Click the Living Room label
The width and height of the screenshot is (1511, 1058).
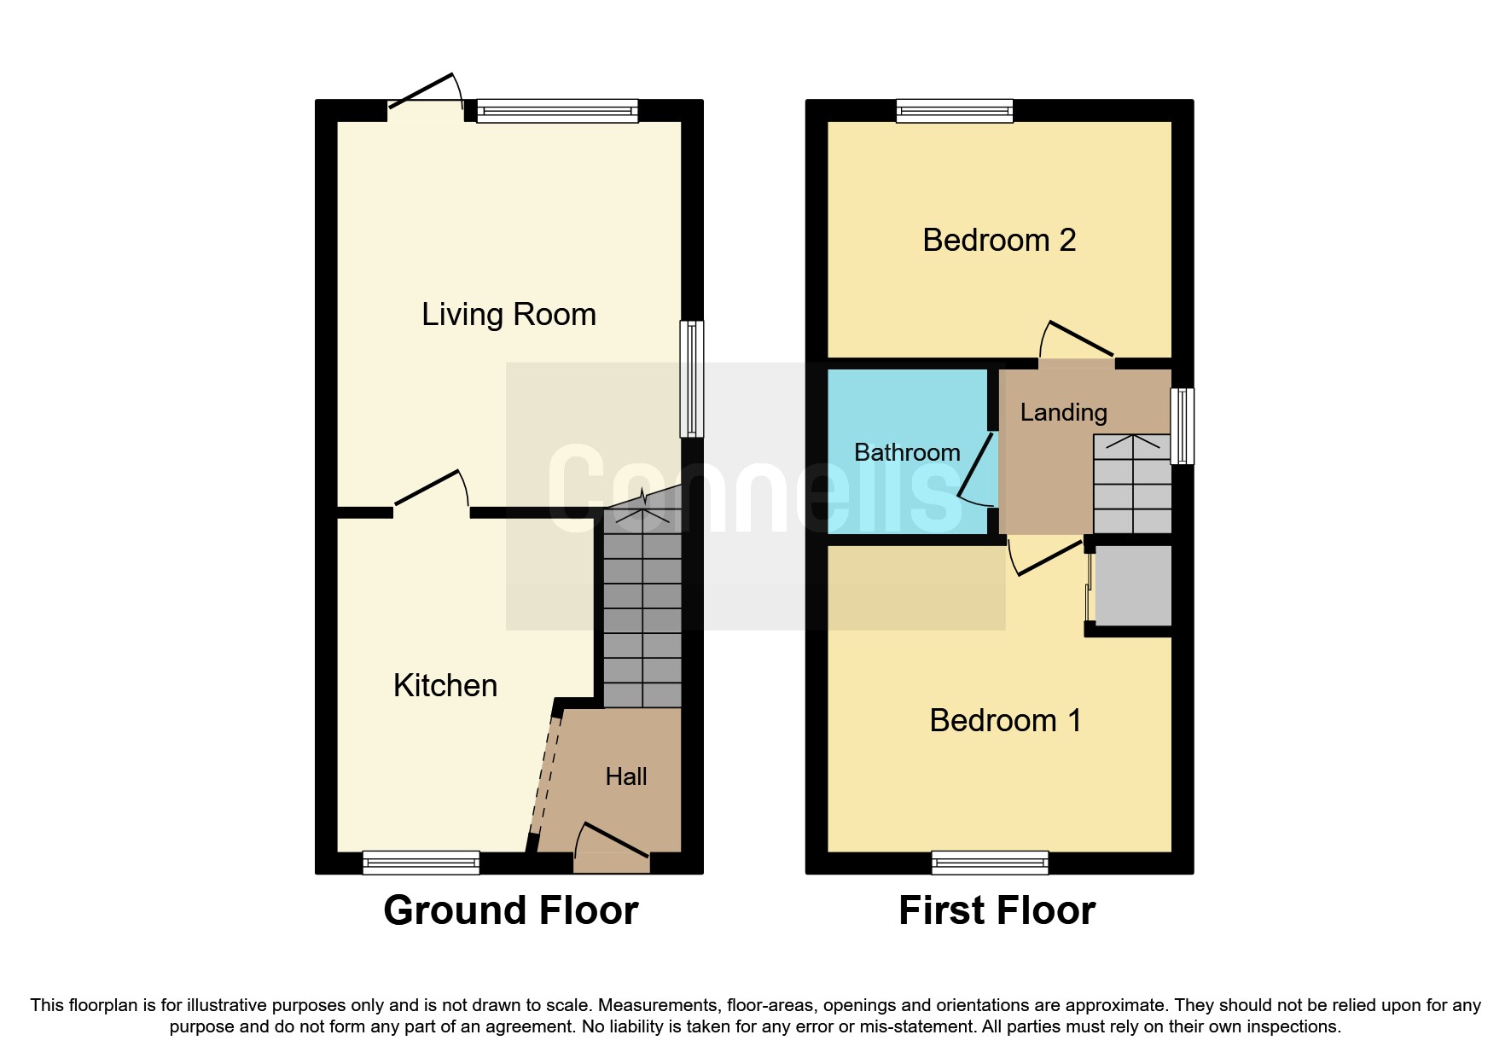(509, 315)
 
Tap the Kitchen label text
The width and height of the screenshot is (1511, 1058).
(445, 686)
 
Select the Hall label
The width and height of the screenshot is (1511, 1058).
(625, 776)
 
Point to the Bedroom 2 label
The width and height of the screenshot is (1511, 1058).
(998, 241)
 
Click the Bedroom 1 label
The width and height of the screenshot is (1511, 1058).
(1005, 721)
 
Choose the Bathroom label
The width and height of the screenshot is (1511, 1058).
(906, 452)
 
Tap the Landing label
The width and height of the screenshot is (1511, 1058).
(1063, 413)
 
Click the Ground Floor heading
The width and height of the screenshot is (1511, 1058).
(510, 910)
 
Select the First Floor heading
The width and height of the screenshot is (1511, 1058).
(997, 910)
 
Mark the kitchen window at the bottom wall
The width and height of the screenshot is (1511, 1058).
(421, 863)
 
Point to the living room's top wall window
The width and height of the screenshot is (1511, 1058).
(557, 111)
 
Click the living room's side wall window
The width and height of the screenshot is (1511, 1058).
(692, 379)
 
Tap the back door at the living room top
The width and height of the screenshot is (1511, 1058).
(424, 92)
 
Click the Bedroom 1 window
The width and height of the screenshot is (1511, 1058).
(990, 863)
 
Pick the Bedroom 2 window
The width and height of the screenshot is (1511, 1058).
(955, 111)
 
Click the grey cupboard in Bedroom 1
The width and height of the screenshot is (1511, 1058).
(1132, 585)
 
